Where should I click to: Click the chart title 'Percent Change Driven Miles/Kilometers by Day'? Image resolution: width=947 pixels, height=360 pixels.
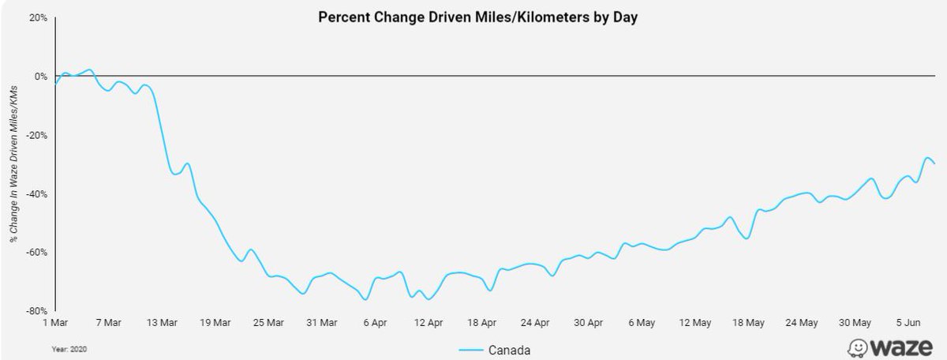pyautogui.click(x=477, y=17)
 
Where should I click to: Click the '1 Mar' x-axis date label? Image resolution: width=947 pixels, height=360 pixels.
pyautogui.click(x=58, y=322)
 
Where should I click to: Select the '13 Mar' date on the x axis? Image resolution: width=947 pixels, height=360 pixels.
pyautogui.click(x=161, y=322)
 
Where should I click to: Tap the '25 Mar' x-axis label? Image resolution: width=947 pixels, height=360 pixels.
pyautogui.click(x=268, y=322)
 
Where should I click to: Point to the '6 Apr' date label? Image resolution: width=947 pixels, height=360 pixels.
pyautogui.click(x=376, y=322)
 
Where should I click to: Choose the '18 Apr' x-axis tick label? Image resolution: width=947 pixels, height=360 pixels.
pyautogui.click(x=482, y=322)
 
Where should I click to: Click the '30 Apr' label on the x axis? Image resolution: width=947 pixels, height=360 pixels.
pyautogui.click(x=590, y=322)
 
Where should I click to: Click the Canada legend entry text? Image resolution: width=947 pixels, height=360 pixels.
pyautogui.click(x=508, y=349)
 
